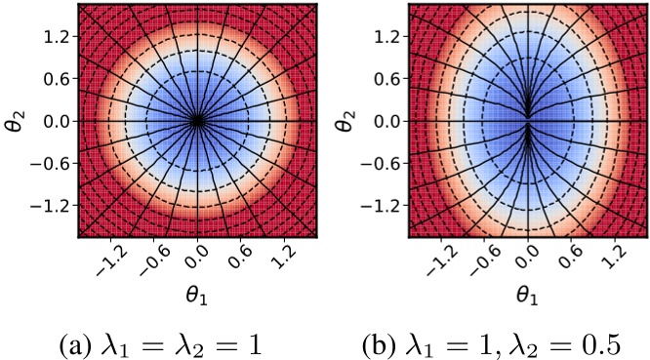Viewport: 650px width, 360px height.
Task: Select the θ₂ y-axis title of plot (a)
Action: pos(18,121)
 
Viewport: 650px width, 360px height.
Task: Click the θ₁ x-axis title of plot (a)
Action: pos(198,291)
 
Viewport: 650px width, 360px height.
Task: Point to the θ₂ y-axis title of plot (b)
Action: pos(347,121)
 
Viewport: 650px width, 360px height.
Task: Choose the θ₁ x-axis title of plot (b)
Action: pos(527,291)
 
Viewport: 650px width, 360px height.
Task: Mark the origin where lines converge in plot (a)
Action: pos(198,121)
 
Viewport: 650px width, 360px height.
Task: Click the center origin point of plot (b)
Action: pos(527,121)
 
